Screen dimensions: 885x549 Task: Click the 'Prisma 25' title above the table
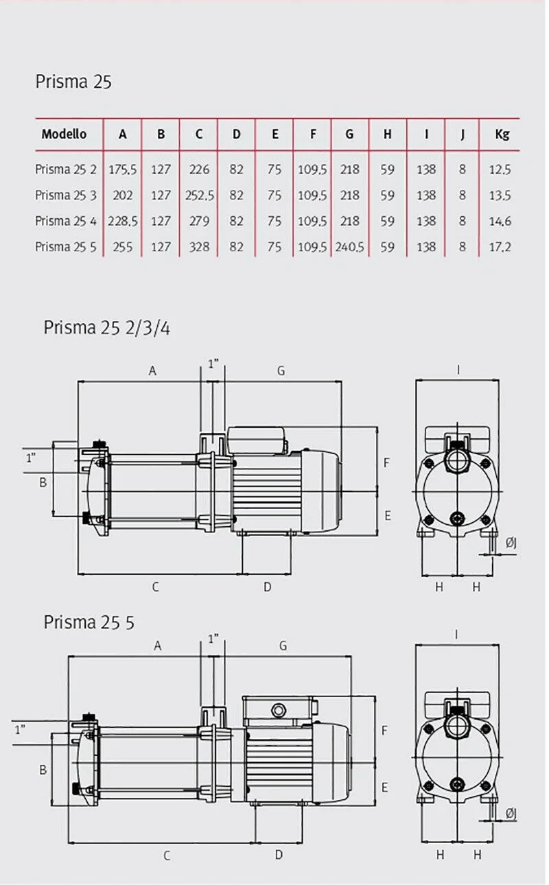[73, 82]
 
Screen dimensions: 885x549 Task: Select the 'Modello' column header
[64, 134]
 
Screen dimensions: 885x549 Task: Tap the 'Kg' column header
[502, 134]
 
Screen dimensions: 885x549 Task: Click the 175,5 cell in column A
[123, 169]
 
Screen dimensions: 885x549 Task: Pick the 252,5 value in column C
[199, 196]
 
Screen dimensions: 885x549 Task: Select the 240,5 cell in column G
[350, 247]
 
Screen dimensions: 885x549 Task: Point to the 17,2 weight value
[502, 247]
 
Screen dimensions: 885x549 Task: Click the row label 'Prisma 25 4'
[66, 221]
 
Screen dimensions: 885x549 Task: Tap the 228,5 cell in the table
[123, 221]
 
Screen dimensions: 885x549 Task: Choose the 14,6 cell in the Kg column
[502, 221]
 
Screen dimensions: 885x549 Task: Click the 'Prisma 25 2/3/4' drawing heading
[106, 327]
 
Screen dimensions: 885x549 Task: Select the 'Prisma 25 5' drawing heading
[89, 622]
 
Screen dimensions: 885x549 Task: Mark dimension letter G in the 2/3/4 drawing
[281, 371]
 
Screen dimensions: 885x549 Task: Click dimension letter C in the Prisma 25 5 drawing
[166, 855]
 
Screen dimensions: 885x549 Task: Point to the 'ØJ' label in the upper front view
[511, 544]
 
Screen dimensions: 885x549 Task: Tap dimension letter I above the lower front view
[456, 635]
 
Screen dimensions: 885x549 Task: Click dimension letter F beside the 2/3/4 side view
[386, 463]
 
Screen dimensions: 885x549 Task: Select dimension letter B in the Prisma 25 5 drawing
[43, 770]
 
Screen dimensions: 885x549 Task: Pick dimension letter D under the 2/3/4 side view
[268, 587]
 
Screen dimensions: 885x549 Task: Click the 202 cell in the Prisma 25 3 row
[123, 196]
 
